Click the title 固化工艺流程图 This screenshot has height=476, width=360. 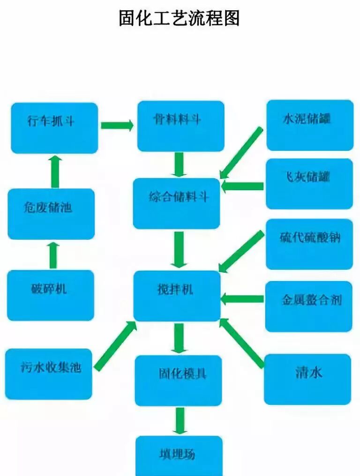(x=180, y=18)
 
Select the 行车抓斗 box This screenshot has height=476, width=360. (x=54, y=127)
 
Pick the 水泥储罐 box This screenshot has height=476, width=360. (x=309, y=125)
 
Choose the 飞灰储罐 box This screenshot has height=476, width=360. (x=309, y=183)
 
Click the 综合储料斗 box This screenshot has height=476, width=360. (x=177, y=203)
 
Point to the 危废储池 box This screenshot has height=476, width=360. (x=51, y=214)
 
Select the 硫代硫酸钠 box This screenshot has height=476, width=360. (x=309, y=244)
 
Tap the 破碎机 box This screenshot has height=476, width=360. (x=50, y=295)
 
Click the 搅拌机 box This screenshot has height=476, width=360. (x=177, y=296)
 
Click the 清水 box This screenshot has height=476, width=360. (x=307, y=379)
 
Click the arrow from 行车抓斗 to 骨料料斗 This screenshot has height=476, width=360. (x=117, y=125)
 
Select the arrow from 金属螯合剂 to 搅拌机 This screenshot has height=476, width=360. (x=242, y=298)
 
